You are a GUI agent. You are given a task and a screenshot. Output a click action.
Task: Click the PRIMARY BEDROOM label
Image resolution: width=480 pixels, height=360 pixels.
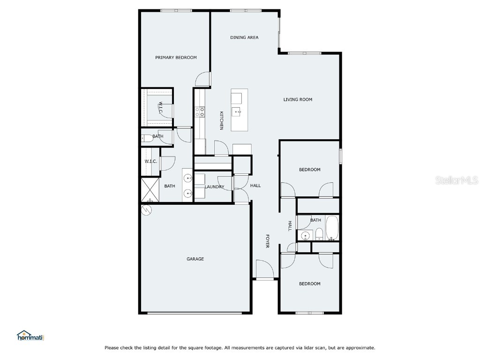(x=176, y=58)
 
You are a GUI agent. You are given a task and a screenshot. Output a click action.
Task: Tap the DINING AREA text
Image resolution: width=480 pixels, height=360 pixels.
(x=244, y=37)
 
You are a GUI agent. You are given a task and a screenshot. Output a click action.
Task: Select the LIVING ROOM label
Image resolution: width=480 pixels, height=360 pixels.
(x=298, y=99)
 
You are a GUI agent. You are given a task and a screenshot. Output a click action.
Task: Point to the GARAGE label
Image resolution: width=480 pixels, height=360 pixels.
(x=195, y=259)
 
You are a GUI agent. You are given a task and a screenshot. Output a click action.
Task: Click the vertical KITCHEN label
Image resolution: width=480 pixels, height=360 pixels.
(x=221, y=120)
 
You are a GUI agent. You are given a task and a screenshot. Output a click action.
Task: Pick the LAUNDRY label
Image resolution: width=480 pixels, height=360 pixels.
(x=215, y=187)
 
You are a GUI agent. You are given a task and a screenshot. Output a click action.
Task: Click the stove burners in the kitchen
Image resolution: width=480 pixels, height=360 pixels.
(x=200, y=112)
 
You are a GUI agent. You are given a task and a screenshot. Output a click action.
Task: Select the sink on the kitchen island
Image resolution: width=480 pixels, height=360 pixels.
(x=238, y=112)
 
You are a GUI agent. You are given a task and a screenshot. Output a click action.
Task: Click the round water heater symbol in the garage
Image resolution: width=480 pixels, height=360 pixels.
(x=147, y=210)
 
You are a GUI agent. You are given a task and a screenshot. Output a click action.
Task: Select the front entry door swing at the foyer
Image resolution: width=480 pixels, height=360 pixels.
(x=264, y=269)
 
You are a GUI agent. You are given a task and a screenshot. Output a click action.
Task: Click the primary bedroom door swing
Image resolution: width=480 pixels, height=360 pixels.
(x=203, y=79)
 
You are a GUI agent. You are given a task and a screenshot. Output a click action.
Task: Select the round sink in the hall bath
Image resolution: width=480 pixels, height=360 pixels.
(x=306, y=235)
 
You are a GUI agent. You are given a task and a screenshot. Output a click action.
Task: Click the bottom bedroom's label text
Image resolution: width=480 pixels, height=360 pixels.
(x=310, y=284)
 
